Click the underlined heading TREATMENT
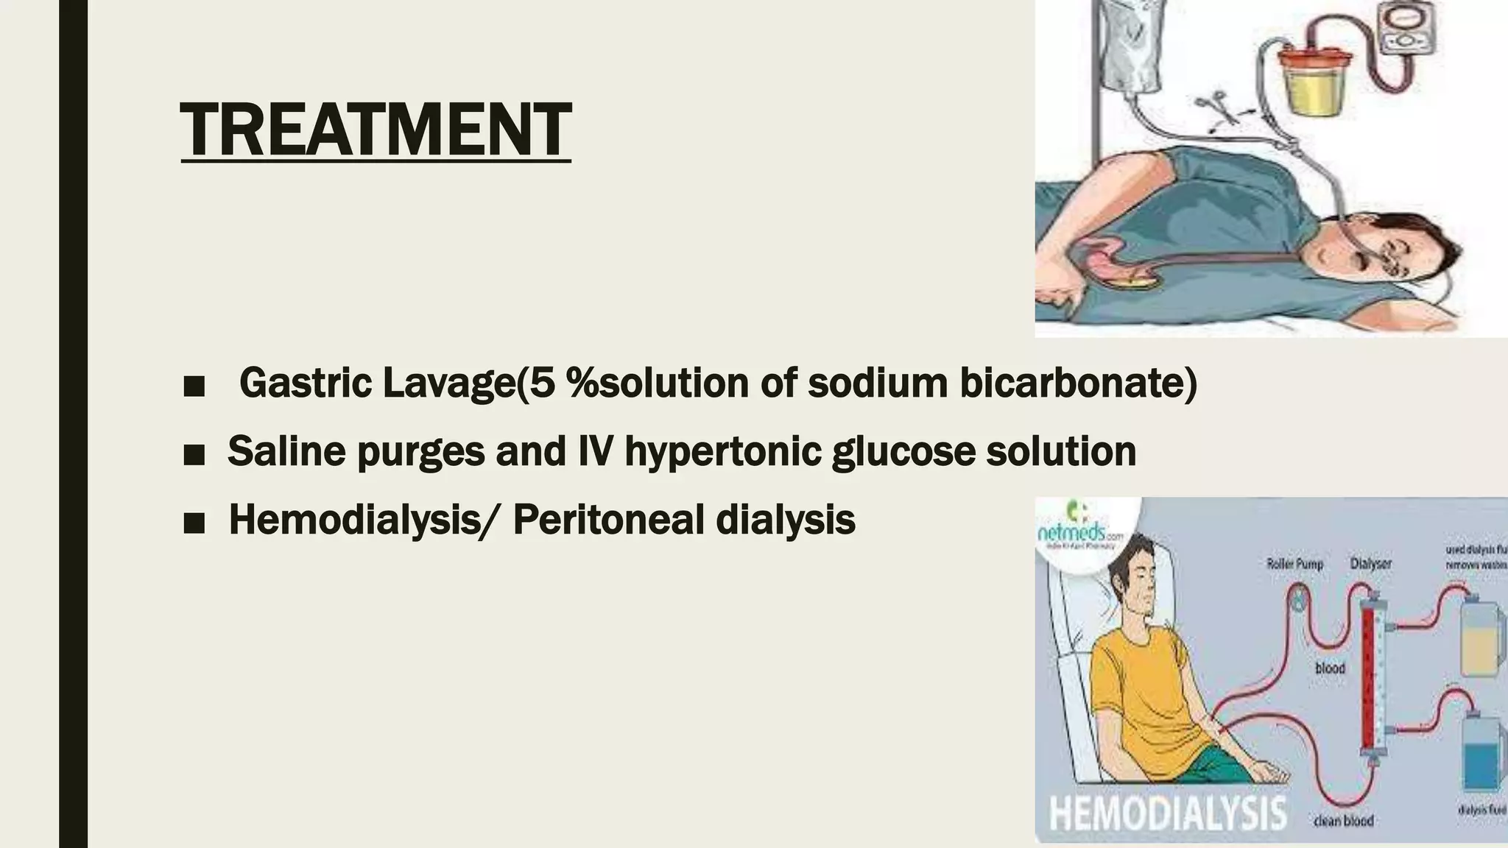(376, 130)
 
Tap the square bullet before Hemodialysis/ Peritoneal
(194, 521)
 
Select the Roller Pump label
(1294, 564)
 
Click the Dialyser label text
(1371, 564)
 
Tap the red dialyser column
(1370, 670)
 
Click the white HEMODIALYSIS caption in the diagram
(1167, 814)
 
